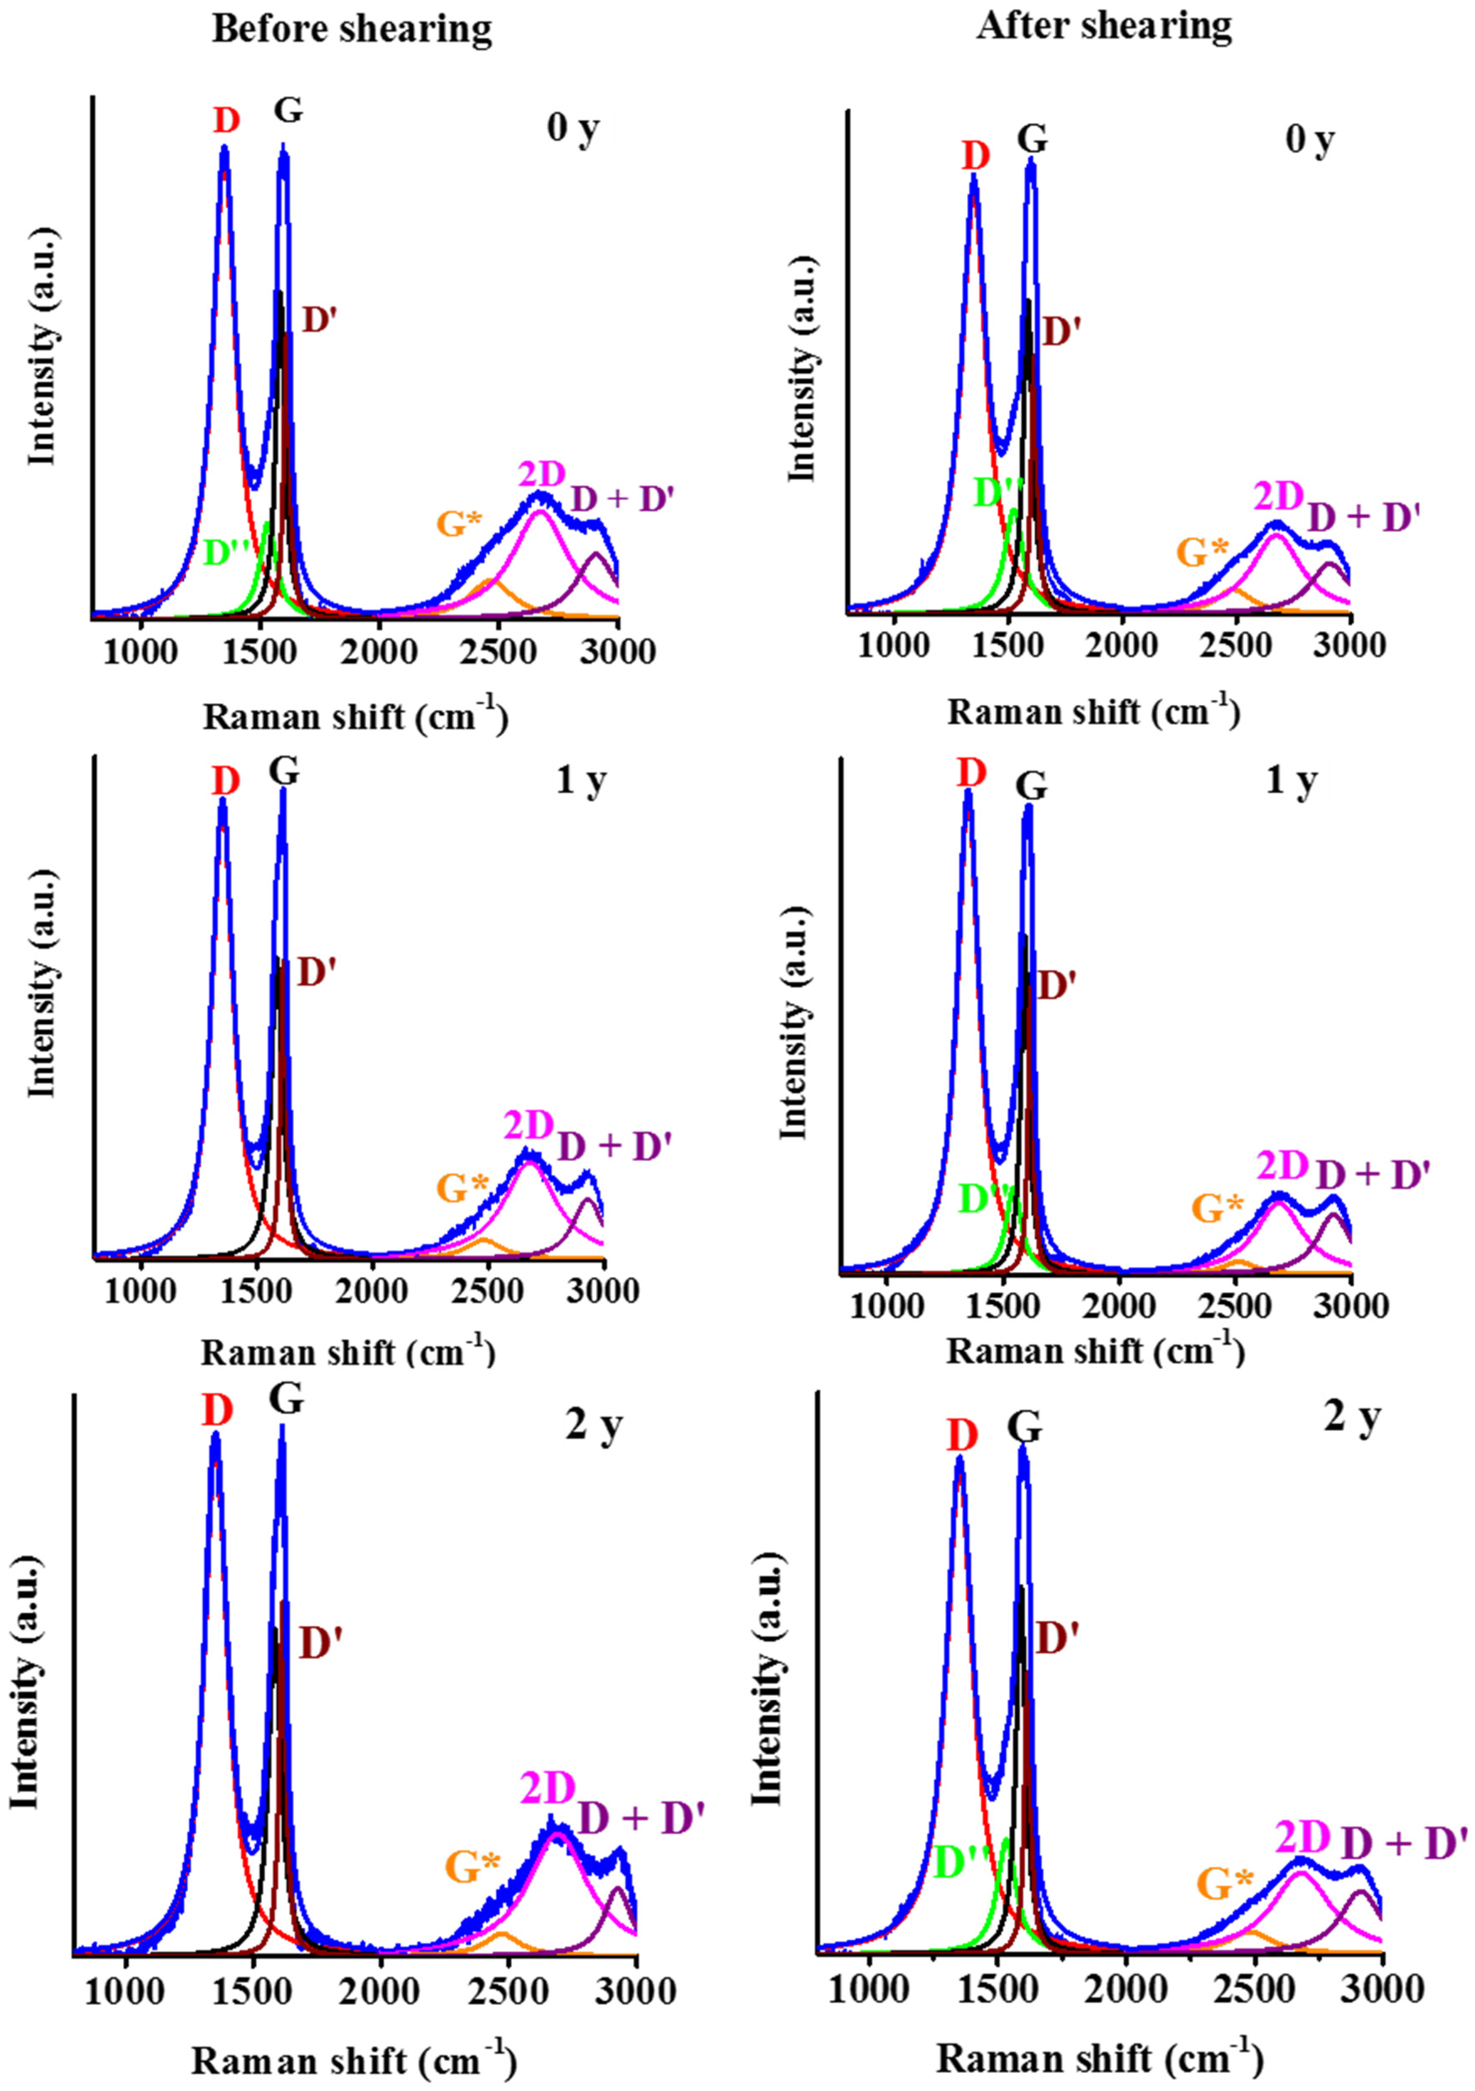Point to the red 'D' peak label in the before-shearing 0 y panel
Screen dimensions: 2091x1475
click(x=227, y=121)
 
